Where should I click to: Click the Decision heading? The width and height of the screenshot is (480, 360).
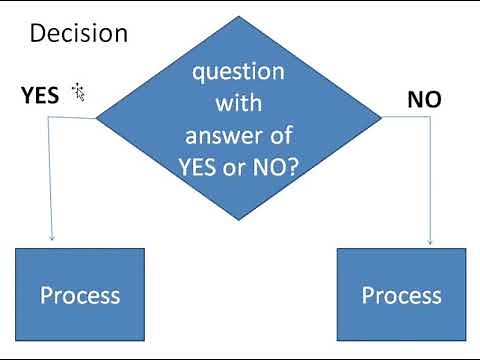point(79,33)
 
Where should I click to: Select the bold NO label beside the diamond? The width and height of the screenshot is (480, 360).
point(424,100)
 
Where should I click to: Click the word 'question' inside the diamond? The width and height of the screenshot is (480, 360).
point(238,73)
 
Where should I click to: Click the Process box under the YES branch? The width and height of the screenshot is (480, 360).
point(80,295)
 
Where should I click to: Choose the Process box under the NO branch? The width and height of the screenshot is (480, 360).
point(401,295)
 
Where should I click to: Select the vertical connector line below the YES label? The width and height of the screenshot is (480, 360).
point(51,180)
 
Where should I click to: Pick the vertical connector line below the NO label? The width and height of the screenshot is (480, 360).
point(430,180)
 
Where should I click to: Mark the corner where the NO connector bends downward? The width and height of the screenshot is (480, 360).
point(430,118)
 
